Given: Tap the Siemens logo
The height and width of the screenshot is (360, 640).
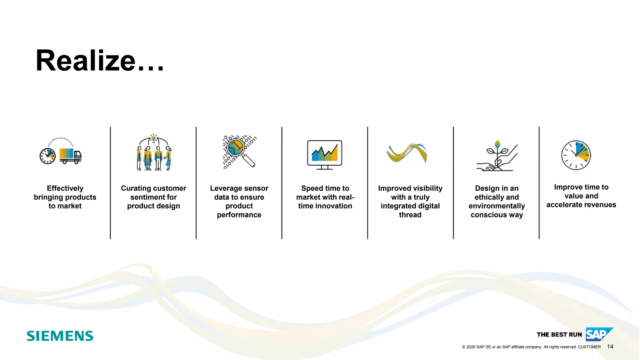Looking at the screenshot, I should click(x=60, y=336).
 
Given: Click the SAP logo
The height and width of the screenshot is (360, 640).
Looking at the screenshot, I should click(x=599, y=334).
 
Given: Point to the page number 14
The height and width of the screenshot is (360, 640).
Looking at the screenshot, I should click(x=610, y=347).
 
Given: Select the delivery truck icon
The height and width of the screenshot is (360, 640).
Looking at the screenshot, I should click(x=70, y=156).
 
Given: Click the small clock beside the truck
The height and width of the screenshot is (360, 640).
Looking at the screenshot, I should click(x=47, y=156).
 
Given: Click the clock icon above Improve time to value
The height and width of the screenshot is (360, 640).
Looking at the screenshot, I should click(x=576, y=155).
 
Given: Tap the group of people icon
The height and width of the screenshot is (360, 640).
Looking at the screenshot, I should click(x=154, y=153).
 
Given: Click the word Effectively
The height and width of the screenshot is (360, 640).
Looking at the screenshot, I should click(x=65, y=188).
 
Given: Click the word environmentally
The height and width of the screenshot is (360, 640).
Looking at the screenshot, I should click(x=497, y=206).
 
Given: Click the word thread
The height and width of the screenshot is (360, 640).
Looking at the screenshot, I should click(x=410, y=215).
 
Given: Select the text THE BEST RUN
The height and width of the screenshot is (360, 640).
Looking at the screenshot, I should click(x=559, y=335).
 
